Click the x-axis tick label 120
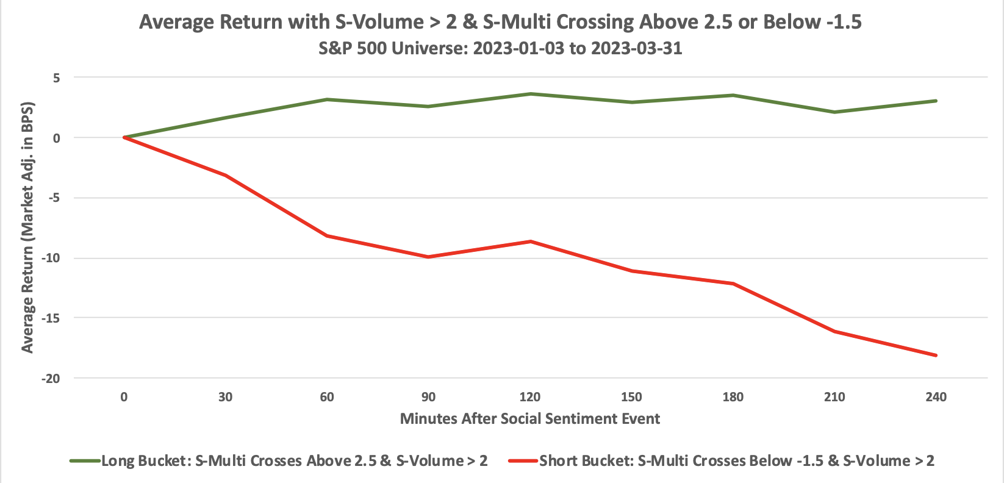[x=529, y=397]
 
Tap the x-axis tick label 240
[x=936, y=397]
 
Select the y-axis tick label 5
[x=56, y=77]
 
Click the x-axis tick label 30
[x=225, y=397]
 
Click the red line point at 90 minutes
[x=428, y=257]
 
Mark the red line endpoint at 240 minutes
[x=936, y=355]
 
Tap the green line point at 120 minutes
[x=529, y=94]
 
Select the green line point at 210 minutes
[x=834, y=112]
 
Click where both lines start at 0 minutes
[x=124, y=137]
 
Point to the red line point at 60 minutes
[x=327, y=235]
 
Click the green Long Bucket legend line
[x=84, y=461]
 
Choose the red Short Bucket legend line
[x=523, y=461]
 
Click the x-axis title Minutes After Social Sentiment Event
[x=529, y=419]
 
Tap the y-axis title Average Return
[x=27, y=227]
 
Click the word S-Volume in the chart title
[x=379, y=23]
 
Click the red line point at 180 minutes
[x=733, y=284]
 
